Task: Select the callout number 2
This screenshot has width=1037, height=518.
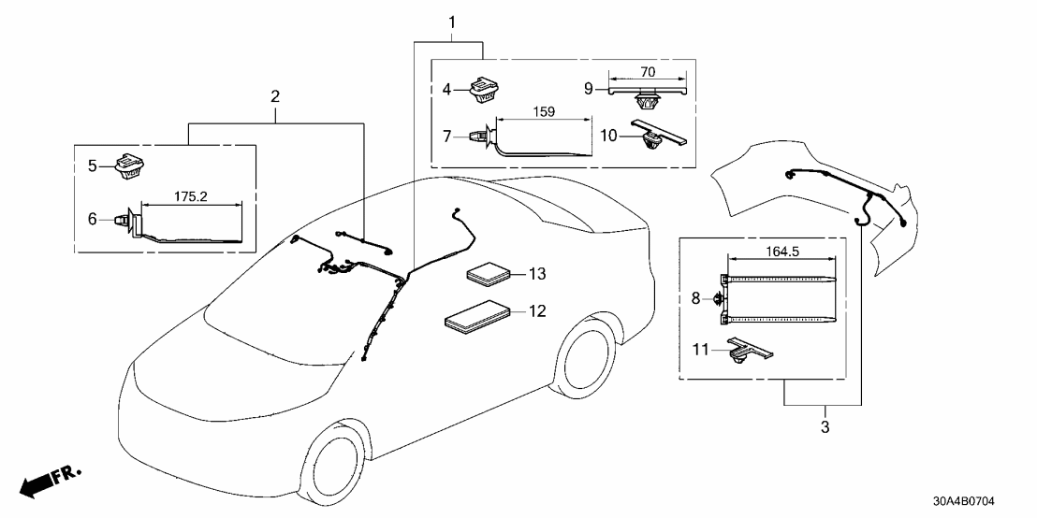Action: (x=274, y=96)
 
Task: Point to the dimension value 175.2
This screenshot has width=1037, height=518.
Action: (x=192, y=196)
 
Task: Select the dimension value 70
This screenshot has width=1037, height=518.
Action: (x=647, y=71)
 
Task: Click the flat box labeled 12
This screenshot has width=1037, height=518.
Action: (x=476, y=315)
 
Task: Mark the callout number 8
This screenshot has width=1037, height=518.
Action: (x=694, y=298)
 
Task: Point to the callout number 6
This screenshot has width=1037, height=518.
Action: (x=92, y=218)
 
